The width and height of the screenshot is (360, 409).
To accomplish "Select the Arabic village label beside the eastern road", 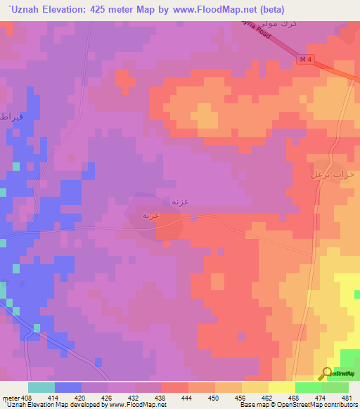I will point(331,174).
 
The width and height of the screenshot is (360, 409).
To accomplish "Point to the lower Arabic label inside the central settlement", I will point(154,216).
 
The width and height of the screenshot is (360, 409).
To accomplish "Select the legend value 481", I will point(345,398).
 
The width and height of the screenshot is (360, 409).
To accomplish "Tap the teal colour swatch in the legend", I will point(41,387).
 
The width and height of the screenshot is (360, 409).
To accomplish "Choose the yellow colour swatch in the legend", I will point(281,387).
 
